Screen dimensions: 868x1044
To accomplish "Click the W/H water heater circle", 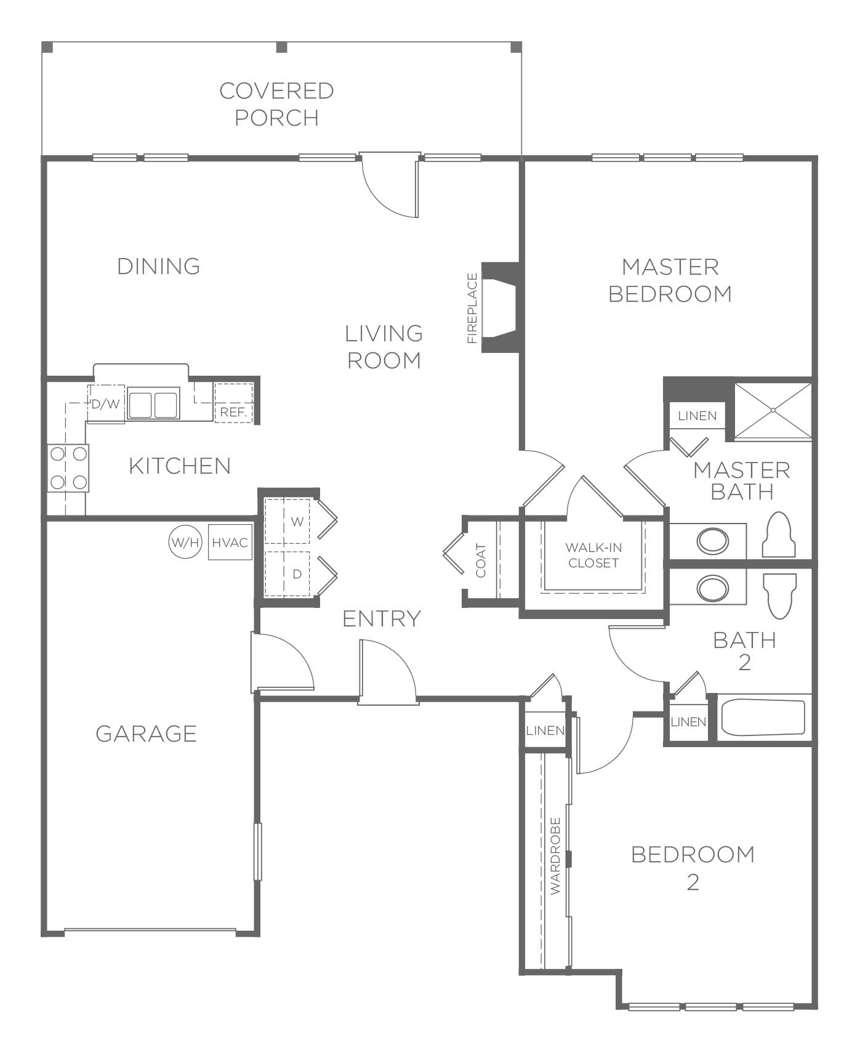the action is click(185, 543).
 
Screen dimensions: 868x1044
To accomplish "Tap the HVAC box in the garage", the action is click(230, 542).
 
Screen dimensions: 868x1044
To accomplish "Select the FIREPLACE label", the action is click(473, 308).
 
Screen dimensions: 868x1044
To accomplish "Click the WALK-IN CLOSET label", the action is click(593, 555).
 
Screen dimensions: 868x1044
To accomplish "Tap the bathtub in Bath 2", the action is click(763, 718).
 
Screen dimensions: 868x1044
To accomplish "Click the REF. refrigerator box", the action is click(233, 402).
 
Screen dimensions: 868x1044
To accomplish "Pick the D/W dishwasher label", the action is click(105, 405).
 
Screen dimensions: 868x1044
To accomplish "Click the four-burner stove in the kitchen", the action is click(68, 468).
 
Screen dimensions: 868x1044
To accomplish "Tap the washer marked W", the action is click(287, 520).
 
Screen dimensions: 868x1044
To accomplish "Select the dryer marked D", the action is click(287, 573).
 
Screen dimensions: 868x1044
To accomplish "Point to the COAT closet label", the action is click(481, 560).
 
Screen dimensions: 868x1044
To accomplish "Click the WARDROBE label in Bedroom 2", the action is click(555, 856).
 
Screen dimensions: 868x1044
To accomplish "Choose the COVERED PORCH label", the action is click(277, 104).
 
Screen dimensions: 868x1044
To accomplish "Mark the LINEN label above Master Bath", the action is click(697, 416).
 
